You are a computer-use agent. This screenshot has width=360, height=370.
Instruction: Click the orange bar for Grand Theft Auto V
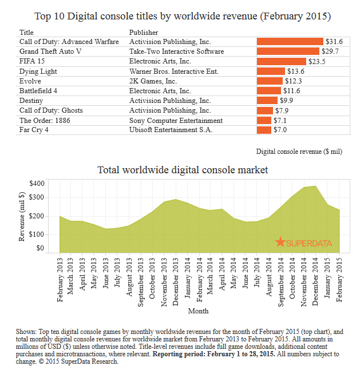(280, 51)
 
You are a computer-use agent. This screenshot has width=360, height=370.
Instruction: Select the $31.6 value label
(333, 42)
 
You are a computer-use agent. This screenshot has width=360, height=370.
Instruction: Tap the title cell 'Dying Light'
(39, 71)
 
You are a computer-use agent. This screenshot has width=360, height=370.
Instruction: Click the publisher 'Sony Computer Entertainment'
(176, 120)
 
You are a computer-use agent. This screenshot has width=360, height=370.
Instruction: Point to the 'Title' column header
(27, 32)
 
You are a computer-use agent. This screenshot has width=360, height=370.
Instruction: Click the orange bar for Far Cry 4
(264, 130)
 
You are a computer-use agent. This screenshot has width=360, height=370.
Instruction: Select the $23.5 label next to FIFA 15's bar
(317, 61)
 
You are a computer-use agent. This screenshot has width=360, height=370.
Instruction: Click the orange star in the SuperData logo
(280, 242)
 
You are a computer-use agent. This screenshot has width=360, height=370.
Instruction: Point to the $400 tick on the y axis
(36, 184)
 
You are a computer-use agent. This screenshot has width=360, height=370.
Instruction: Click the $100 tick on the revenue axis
(36, 234)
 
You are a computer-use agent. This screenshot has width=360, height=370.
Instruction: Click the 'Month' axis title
(198, 311)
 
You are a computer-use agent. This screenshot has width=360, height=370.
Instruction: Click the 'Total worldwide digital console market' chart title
(183, 170)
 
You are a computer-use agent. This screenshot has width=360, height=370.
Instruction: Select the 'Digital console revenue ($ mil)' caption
(299, 152)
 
